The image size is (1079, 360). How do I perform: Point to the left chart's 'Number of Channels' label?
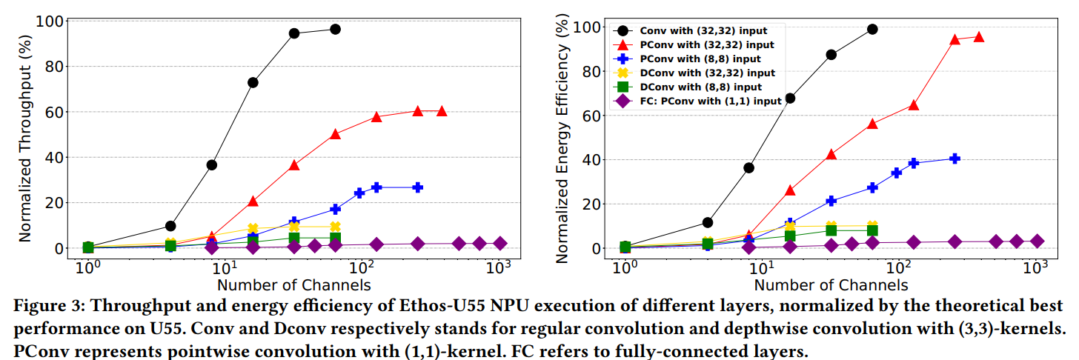coord(294,284)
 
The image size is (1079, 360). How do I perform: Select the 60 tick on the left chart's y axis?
coord(53,112)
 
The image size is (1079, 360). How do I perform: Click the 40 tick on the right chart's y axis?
coord(590,159)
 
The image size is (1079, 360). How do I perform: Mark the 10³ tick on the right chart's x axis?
coord(1036,266)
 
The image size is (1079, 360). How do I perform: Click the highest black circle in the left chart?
coord(335,29)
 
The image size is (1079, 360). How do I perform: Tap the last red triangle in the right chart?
coord(979,36)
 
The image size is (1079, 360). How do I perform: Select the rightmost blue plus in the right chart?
coord(954,159)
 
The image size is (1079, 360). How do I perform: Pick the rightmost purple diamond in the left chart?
coord(499,243)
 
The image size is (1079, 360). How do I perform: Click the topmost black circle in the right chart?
coord(872,29)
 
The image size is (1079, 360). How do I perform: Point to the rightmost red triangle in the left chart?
coord(442,110)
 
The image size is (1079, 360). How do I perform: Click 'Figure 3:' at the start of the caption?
coord(44,307)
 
